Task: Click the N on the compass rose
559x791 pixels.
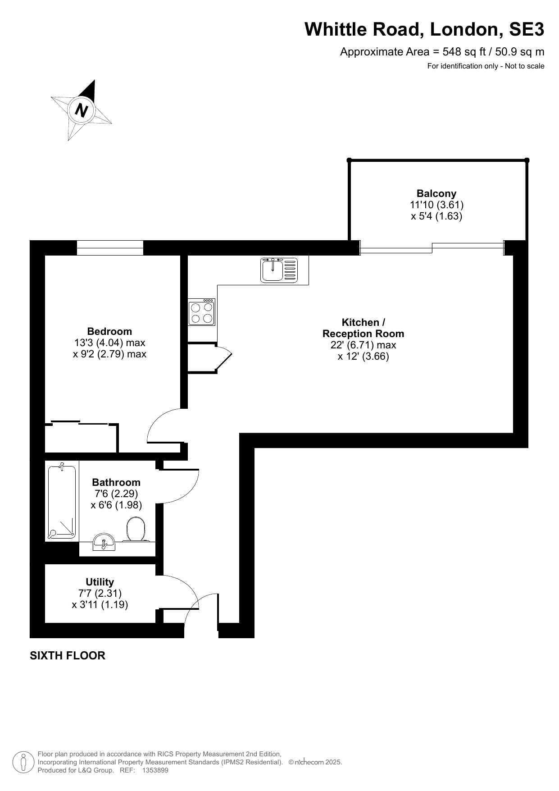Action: tap(82, 110)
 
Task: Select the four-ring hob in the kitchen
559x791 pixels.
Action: tap(201, 312)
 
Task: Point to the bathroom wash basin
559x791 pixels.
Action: tap(104, 542)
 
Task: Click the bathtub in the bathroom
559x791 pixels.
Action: tap(62, 502)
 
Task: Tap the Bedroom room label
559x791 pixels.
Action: tap(110, 331)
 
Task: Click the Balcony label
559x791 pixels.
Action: tap(436, 193)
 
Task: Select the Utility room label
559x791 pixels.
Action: tap(100, 582)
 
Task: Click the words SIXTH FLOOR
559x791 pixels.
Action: tap(68, 655)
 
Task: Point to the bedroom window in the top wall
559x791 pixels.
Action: tap(110, 248)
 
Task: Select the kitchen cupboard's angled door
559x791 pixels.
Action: tap(224, 359)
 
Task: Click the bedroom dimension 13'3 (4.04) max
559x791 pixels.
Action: tap(110, 343)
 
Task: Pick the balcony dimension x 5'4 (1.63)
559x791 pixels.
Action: tap(436, 216)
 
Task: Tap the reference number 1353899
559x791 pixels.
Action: tap(155, 770)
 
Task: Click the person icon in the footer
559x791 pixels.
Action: tap(23, 762)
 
